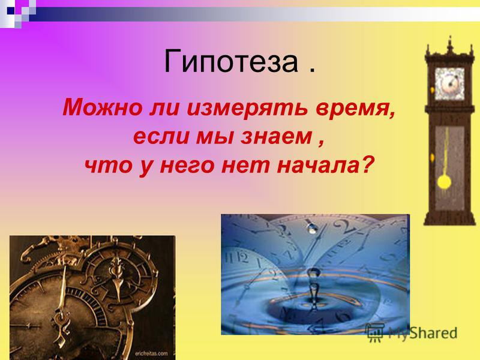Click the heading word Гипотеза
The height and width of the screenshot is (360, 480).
click(x=230, y=62)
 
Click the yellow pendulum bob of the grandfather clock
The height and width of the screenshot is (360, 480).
click(x=444, y=182)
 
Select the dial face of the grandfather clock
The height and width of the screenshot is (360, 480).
click(x=449, y=84)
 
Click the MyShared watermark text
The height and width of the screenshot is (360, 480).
click(x=422, y=333)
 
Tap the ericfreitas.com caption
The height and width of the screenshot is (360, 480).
click(x=152, y=353)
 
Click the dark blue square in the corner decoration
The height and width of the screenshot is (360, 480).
click(x=10, y=10)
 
